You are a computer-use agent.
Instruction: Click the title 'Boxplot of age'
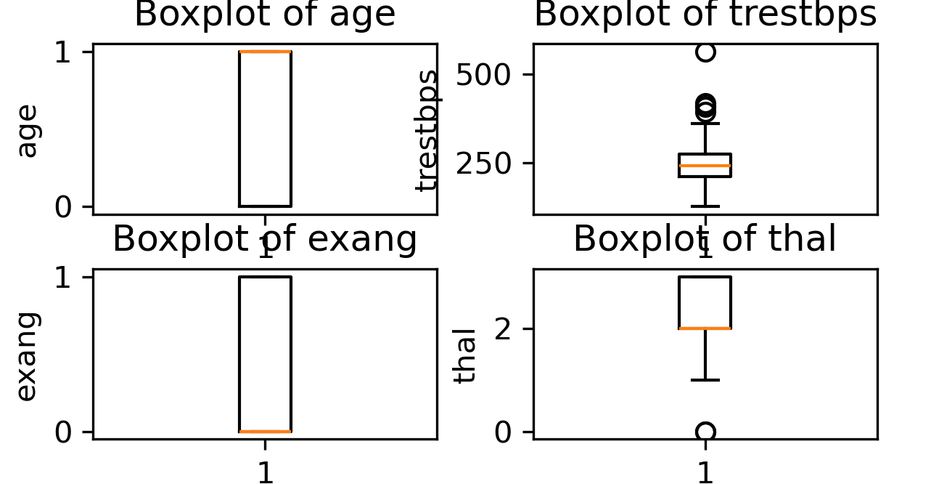pos(265,15)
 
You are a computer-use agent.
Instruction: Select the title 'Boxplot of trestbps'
pos(705,15)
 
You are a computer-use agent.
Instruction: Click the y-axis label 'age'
pos(27,131)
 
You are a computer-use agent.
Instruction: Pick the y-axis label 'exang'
pos(27,356)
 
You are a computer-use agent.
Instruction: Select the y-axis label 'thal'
pos(465,355)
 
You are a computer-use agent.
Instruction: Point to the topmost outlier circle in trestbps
pos(705,52)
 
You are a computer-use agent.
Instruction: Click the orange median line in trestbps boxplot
pos(705,166)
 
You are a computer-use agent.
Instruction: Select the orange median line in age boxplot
pos(265,52)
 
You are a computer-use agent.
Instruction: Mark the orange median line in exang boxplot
pos(265,432)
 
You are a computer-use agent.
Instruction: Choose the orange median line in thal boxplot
pos(705,328)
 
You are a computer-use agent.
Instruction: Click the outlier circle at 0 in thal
pos(705,432)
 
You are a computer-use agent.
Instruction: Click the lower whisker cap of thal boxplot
pos(705,380)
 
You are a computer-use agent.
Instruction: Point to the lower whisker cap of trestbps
pos(705,206)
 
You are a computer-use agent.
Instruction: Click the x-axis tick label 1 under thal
pos(705,472)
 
